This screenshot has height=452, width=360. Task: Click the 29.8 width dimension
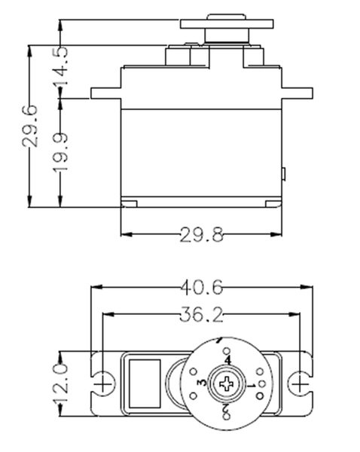202,234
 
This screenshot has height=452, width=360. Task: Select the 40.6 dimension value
202,288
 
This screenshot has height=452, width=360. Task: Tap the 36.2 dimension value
202,314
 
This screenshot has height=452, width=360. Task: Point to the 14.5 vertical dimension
60,66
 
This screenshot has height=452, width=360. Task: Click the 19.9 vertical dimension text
60,151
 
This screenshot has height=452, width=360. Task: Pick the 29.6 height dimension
30,126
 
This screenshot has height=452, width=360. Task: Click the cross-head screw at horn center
227,384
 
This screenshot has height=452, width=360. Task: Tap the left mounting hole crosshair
103,384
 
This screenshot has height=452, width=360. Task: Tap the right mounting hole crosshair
300,384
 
